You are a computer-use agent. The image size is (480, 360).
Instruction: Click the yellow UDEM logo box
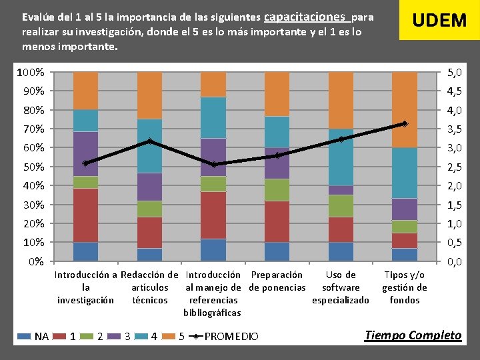point(439,20)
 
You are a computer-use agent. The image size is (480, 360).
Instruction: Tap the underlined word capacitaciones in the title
point(306,16)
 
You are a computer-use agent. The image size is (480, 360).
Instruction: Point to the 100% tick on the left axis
point(31,72)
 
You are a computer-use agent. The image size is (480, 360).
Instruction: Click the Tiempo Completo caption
point(413,335)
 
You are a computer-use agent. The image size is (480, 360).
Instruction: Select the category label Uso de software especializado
point(341,287)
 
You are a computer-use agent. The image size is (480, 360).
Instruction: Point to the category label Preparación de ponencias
point(277,281)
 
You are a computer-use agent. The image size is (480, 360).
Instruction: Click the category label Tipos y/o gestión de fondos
point(404,287)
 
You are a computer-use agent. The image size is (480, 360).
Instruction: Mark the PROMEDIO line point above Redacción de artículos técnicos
point(149,141)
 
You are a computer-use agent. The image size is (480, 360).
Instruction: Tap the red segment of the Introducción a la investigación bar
point(85,215)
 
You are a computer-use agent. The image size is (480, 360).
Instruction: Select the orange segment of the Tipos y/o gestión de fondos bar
point(404,109)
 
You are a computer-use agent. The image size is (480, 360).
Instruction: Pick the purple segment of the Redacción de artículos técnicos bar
point(149,187)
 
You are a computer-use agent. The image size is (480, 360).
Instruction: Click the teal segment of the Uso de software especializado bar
point(341,157)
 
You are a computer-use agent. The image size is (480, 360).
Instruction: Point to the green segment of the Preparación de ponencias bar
point(277,190)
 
